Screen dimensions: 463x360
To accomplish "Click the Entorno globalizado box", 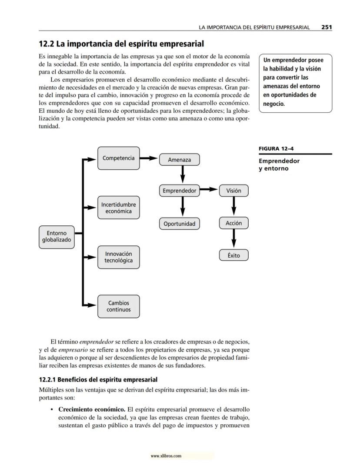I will coord(57,237).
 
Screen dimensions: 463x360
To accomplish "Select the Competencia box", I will coord(118,158).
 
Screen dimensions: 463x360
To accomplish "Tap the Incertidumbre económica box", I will coord(118,208).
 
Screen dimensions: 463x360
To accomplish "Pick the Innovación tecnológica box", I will coord(118,257).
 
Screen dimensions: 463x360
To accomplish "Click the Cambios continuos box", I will coord(118,306).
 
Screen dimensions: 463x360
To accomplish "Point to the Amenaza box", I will coord(180,160).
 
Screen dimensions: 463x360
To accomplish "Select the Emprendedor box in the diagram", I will coord(180,191).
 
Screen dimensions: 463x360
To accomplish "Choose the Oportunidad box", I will coord(180,224).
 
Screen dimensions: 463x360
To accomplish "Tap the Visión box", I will coord(233,191).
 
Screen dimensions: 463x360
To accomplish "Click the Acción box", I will coord(233,223).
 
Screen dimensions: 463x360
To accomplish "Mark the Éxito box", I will coord(233,255).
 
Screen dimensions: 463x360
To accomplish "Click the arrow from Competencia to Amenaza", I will coord(149,158).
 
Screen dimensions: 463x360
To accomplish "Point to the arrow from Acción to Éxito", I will coord(233,239).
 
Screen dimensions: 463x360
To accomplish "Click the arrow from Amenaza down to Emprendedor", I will coord(182,175).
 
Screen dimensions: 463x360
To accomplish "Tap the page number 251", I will coord(327,27).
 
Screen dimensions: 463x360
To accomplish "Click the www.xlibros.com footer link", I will coord(166,456).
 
